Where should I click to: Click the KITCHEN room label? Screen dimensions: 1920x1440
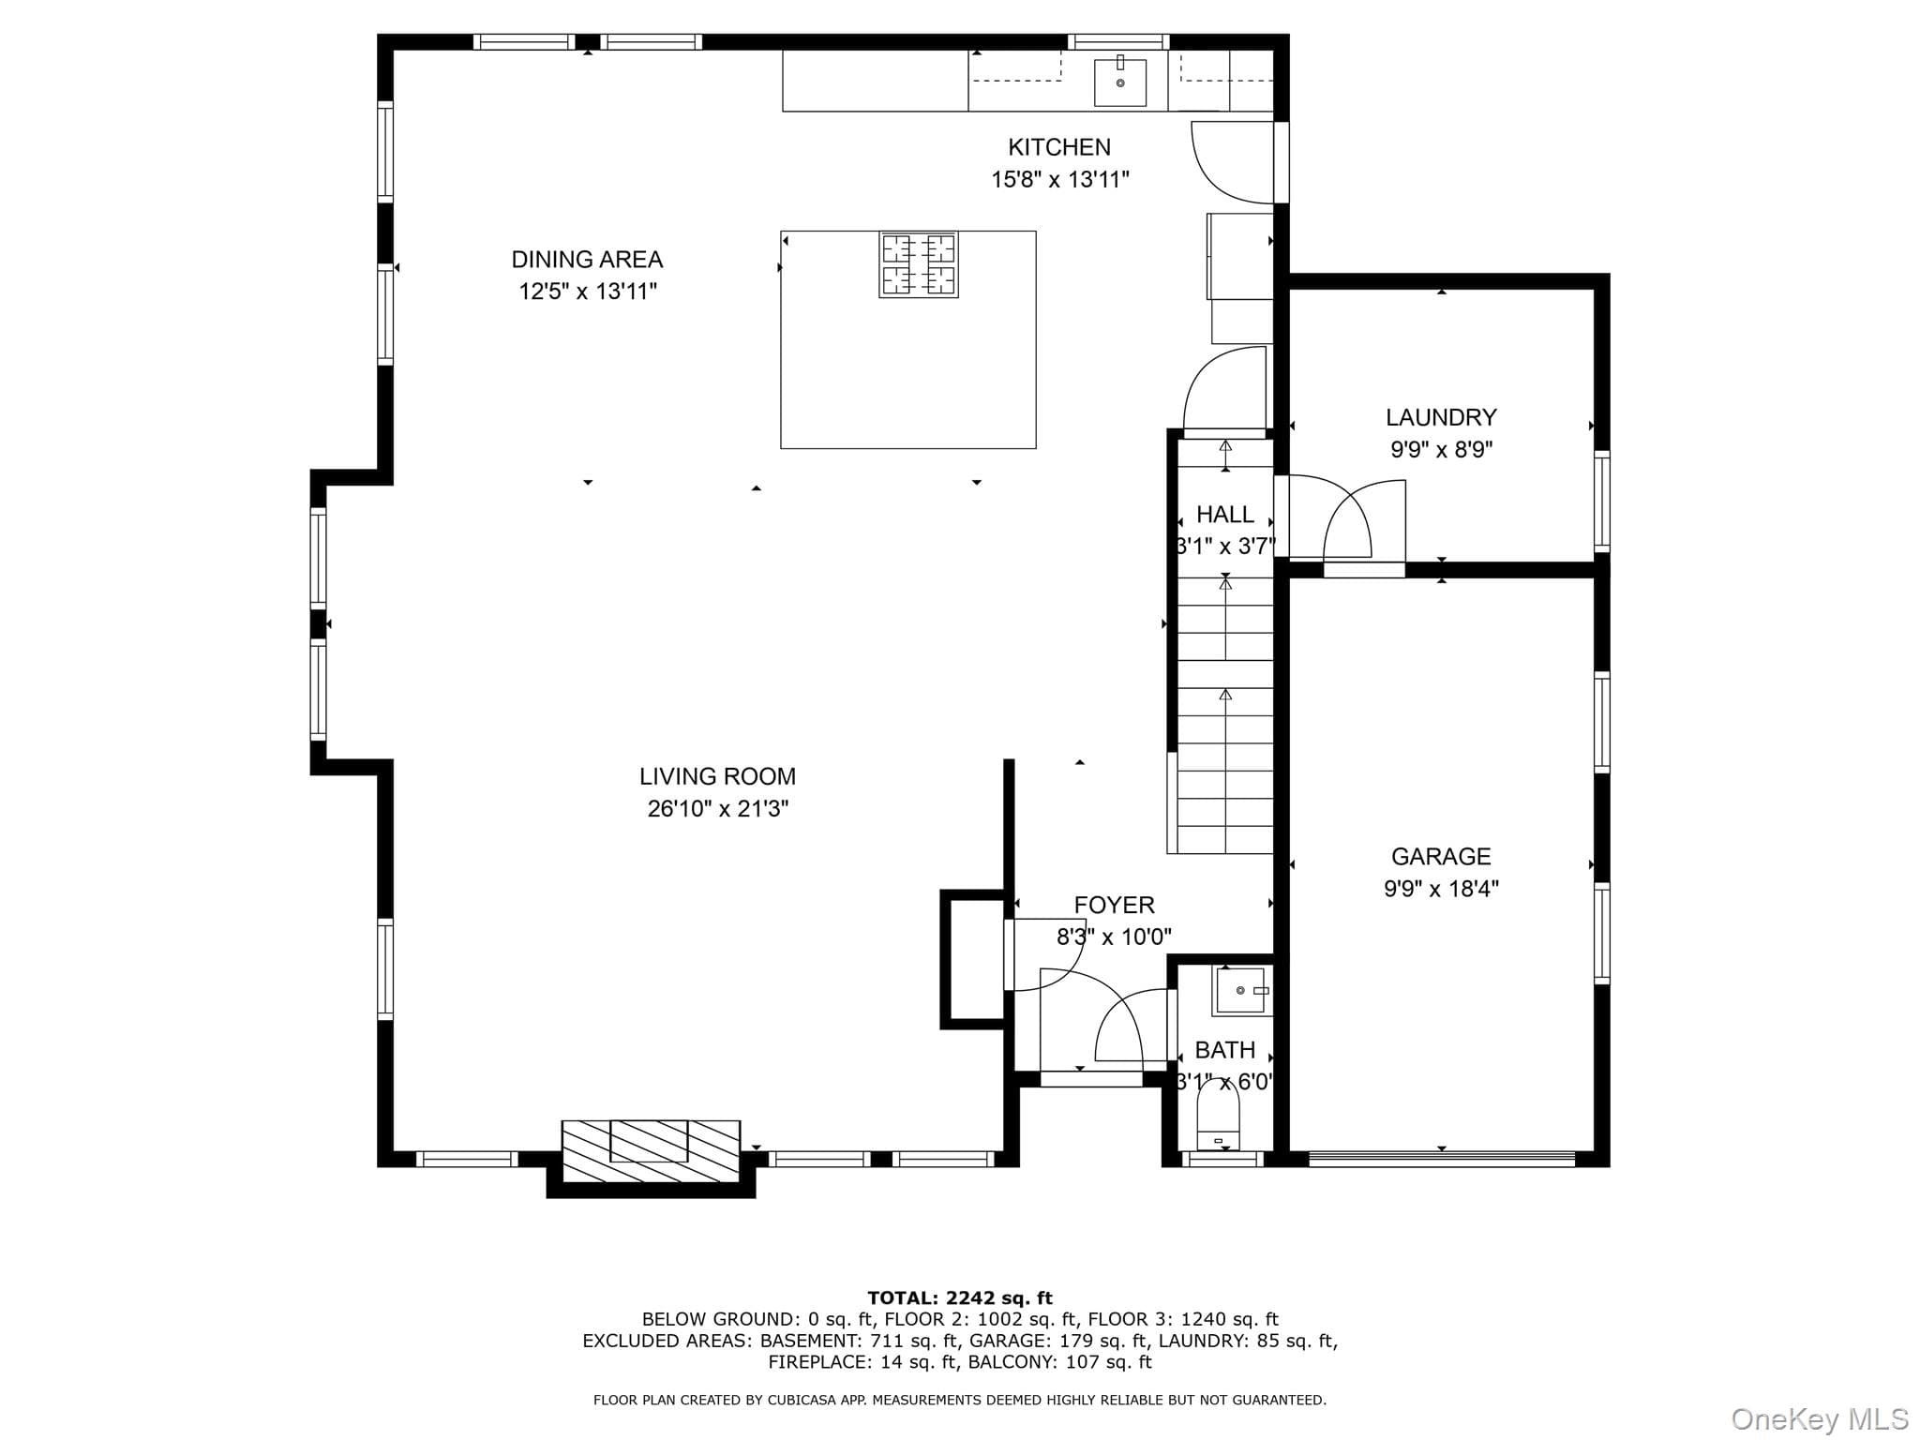(1059, 147)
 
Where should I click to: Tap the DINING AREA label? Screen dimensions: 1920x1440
(587, 260)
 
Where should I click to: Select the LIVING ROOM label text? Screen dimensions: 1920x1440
(717, 776)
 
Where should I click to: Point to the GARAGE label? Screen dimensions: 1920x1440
(1441, 856)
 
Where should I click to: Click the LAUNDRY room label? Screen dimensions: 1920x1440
(1441, 417)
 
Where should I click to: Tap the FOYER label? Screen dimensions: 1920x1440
(1114, 905)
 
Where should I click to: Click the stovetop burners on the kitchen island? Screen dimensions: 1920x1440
(919, 264)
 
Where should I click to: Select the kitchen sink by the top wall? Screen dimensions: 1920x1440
(1120, 82)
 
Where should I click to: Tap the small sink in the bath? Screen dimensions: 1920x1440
(1243, 991)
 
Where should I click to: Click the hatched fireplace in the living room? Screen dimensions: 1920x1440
(651, 1151)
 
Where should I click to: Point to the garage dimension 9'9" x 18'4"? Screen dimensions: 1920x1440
(1441, 889)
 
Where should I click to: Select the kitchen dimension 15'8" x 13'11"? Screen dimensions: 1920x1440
(1060, 179)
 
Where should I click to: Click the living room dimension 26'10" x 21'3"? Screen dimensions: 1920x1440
(718, 808)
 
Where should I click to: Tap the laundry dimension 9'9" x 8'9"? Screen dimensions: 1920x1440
(1441, 449)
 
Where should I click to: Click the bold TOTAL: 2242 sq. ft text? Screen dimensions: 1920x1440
(960, 1298)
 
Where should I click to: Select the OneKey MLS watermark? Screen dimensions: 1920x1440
(1820, 1419)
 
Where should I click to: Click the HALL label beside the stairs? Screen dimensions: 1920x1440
(1225, 515)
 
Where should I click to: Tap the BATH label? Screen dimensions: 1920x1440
(1225, 1050)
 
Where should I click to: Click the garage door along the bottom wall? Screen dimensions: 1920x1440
(1442, 1159)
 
